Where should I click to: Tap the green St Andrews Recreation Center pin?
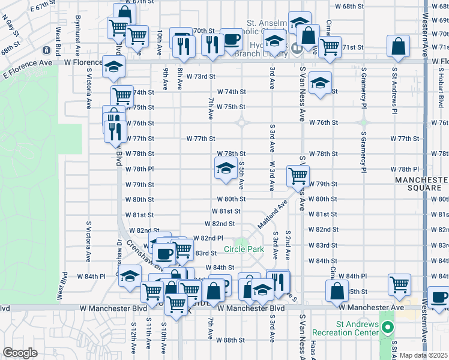click(388, 328)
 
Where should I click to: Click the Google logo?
click(20, 353)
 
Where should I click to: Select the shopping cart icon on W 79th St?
click(298, 176)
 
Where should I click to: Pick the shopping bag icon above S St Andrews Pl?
click(399, 46)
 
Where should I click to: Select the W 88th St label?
click(231, 340)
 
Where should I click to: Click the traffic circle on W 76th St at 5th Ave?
click(242, 123)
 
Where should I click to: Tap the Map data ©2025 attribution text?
click(424, 355)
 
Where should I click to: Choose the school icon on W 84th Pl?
click(129, 276)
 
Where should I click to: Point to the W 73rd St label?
click(200, 77)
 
